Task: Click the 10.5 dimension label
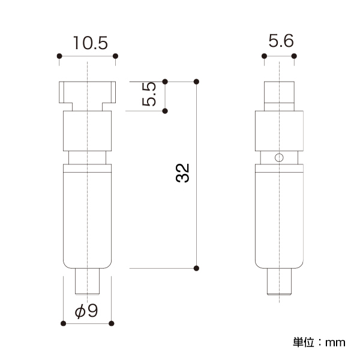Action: coord(91,43)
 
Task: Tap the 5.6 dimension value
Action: coord(281,41)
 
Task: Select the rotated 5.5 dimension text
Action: coord(149,94)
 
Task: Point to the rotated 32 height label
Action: coord(182,173)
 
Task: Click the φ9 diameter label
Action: coord(86,311)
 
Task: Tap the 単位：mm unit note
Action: coord(319,343)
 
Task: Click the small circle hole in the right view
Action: coord(279,157)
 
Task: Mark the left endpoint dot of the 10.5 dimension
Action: coord(59,56)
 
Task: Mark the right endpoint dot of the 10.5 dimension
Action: coord(115,56)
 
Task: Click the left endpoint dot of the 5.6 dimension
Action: coord(264,56)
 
